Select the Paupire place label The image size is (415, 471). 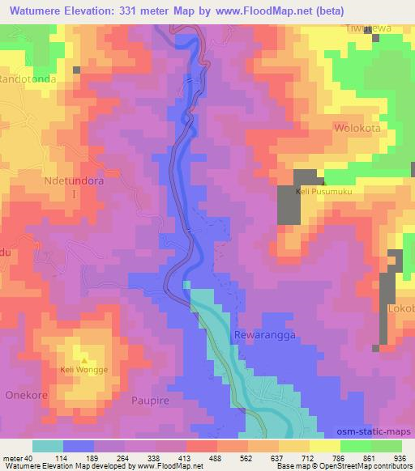click(153, 400)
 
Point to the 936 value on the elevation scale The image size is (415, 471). click(400, 458)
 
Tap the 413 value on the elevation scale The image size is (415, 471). click(186, 458)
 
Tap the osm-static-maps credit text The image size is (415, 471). click(375, 433)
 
